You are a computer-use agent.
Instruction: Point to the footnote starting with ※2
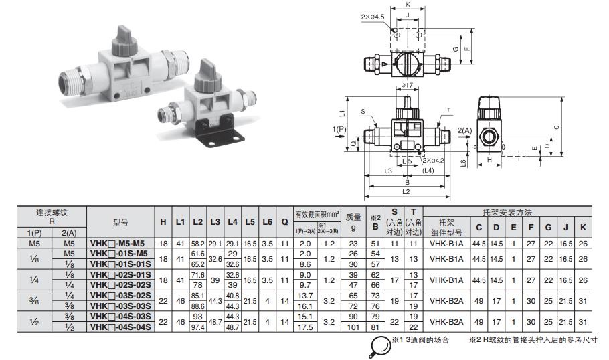pyautogui.click(x=533, y=341)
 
